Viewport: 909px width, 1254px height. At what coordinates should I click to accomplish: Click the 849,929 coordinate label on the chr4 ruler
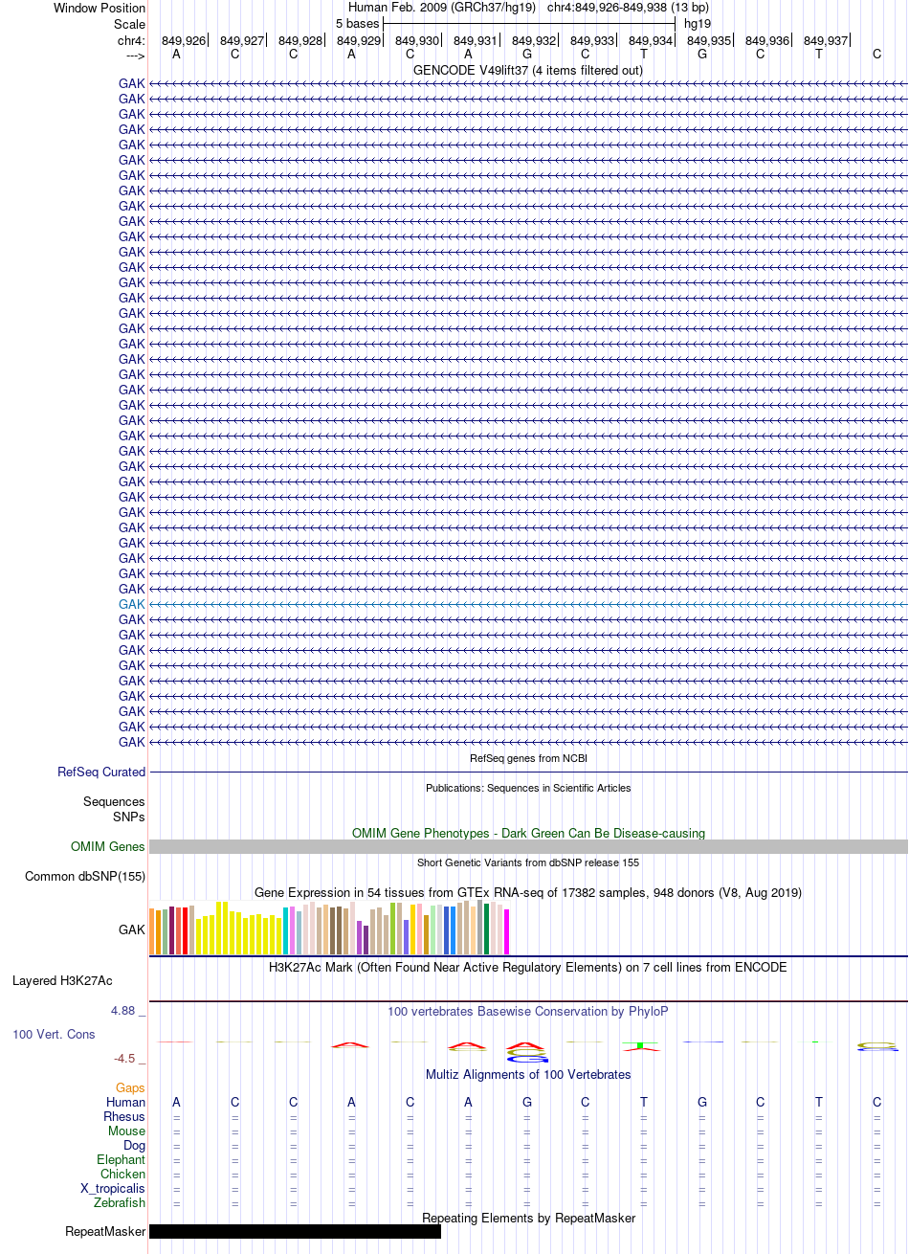358,41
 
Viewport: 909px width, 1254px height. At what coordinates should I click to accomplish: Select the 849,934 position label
650,41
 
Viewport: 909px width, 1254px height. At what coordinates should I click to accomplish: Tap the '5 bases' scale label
357,24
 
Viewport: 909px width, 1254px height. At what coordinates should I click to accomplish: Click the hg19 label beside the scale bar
697,24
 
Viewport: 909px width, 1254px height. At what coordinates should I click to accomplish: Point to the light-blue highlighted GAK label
131,604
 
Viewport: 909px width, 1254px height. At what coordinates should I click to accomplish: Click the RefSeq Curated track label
101,772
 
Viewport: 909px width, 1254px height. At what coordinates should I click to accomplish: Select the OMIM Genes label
107,846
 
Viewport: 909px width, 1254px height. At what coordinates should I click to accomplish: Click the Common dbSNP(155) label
85,876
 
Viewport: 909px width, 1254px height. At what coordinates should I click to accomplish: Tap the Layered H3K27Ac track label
62,981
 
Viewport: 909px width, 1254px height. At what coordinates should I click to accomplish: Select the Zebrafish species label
120,1202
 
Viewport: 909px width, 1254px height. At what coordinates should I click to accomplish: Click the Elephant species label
121,1159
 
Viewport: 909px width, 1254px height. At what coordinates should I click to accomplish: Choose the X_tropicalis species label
113,1188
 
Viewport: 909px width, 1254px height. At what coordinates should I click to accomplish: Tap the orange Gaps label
130,1087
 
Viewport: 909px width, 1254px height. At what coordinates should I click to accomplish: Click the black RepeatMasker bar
295,1231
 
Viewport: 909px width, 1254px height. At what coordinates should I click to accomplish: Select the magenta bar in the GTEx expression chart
506,931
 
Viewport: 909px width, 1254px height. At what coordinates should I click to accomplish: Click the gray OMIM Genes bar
528,846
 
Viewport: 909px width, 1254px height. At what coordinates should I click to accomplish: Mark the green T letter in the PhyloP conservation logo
641,1044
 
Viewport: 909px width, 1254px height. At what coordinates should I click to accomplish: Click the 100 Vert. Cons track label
54,1034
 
